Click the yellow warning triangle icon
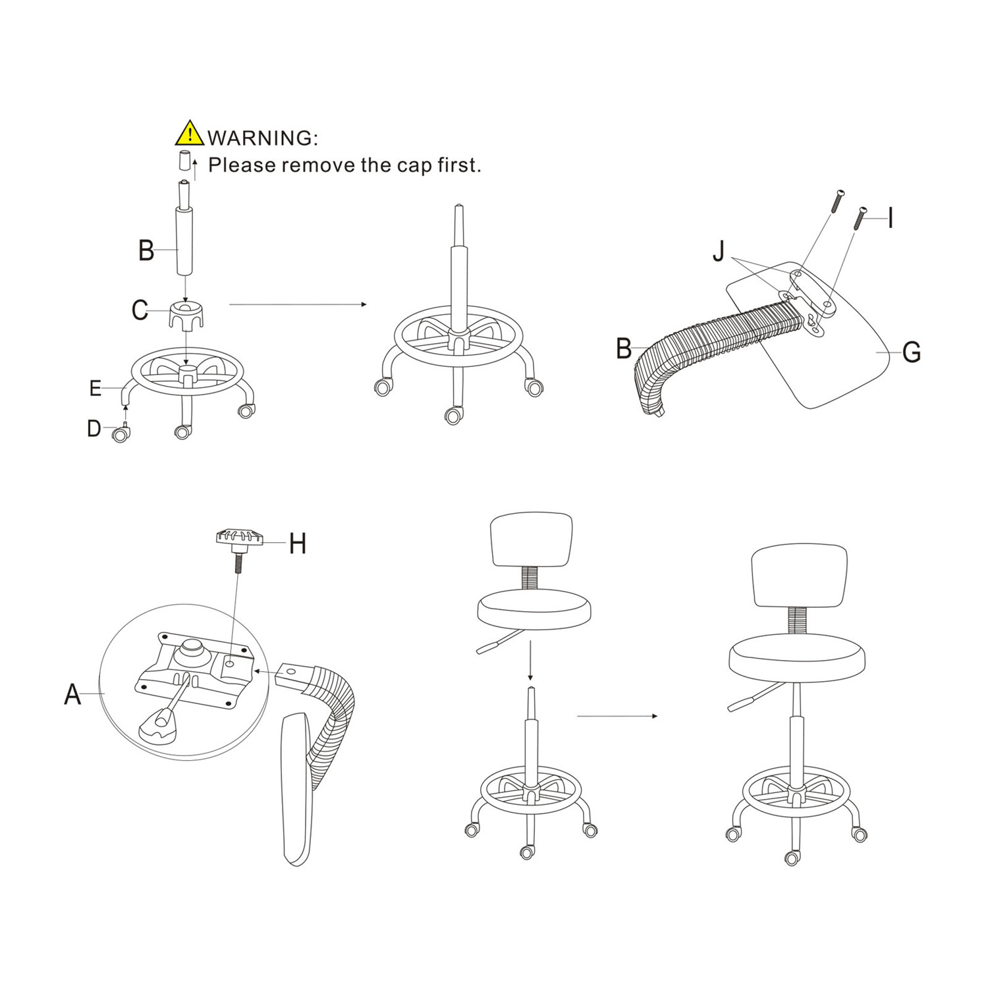pyautogui.click(x=190, y=133)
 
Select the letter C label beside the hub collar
pyautogui.click(x=140, y=310)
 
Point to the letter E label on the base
pyautogui.click(x=96, y=389)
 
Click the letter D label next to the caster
pyautogui.click(x=94, y=429)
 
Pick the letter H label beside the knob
pyautogui.click(x=298, y=543)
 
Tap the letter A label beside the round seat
pyautogui.click(x=72, y=694)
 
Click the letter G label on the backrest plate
pyautogui.click(x=911, y=352)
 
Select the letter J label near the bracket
pyautogui.click(x=719, y=251)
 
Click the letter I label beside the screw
pyautogui.click(x=891, y=217)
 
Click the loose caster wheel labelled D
pyautogui.click(x=120, y=433)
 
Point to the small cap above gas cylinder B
pyautogui.click(x=185, y=161)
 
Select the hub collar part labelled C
pyautogui.click(x=186, y=314)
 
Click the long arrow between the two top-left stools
pyautogui.click(x=298, y=304)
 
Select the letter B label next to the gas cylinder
pyautogui.click(x=146, y=250)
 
